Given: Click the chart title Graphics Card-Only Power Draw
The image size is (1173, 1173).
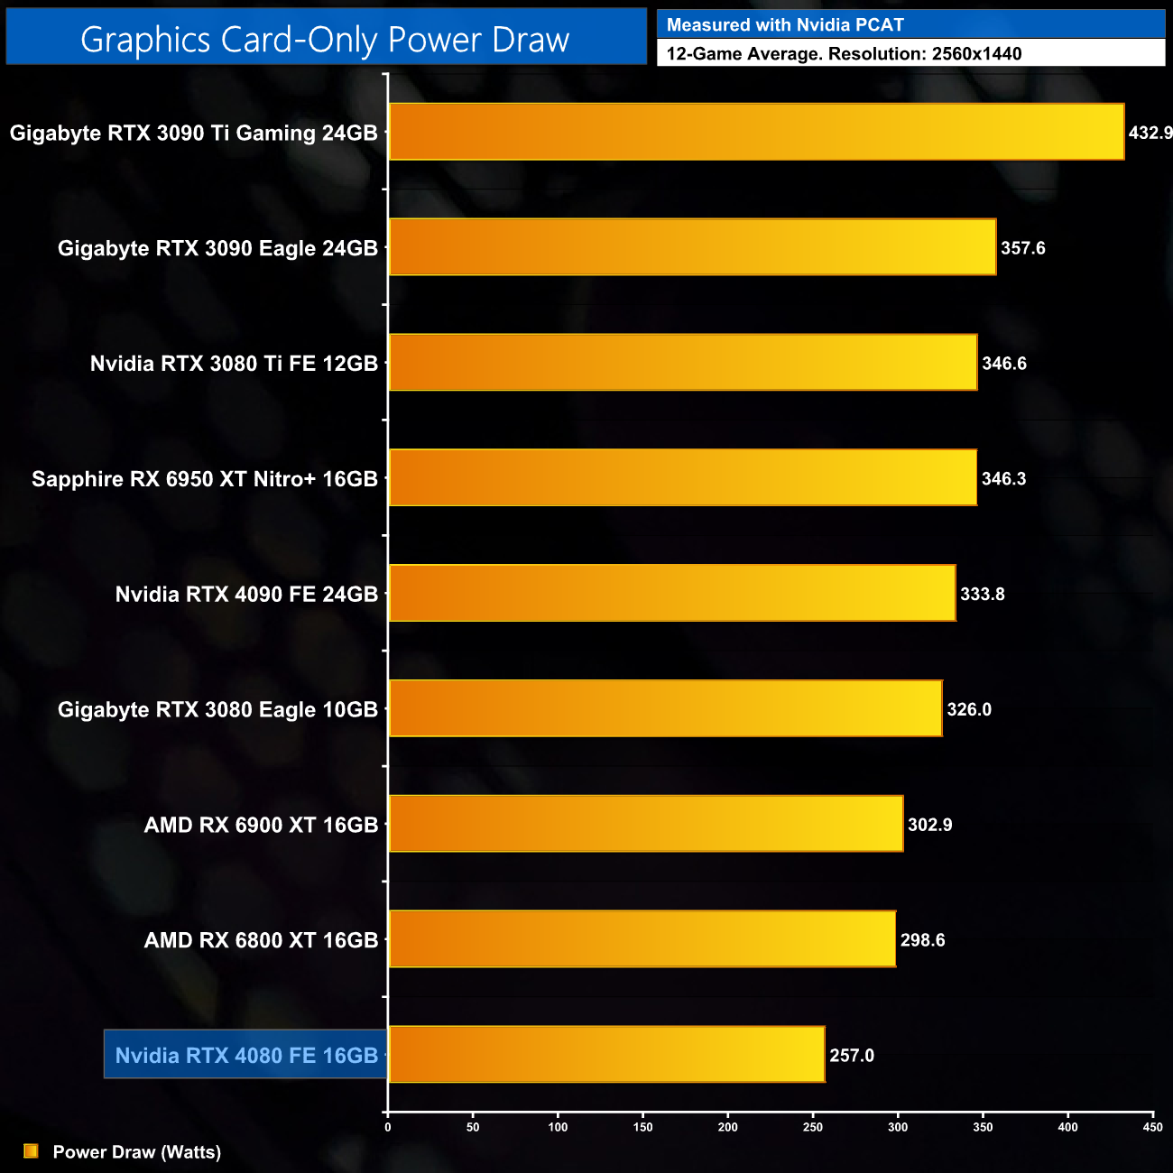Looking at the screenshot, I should coord(325,40).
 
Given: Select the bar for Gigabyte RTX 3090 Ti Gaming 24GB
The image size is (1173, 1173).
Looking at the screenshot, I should coord(756,132).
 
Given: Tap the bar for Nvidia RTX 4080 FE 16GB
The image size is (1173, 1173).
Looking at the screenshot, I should coord(606,1054).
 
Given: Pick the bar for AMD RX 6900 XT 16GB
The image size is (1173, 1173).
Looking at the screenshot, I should coord(645,824).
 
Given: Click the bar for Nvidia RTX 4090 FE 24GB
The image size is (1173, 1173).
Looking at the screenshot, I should coord(671,593).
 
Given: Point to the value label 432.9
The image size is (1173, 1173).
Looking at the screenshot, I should coord(1150,133).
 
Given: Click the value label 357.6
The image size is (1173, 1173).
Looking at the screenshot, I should coord(1022,248).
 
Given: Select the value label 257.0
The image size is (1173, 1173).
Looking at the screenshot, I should coord(852,1056).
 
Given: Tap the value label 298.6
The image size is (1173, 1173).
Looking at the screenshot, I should coord(922,940).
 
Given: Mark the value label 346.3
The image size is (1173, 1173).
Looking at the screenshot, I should coord(1003,478).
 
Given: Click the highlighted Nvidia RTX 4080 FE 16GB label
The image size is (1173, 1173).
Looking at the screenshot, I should coord(246,1055).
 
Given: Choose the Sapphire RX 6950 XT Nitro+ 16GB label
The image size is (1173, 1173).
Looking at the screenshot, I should coord(205,478).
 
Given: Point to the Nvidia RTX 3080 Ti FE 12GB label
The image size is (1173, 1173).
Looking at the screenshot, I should coord(234,364).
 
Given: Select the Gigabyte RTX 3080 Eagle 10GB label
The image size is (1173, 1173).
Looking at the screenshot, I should coord(217,709).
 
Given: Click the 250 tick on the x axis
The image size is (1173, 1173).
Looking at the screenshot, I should coord(813,1127).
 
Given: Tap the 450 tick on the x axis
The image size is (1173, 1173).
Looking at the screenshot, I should coord(1152,1127).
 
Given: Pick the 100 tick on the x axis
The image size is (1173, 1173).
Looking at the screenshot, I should coord(558,1127).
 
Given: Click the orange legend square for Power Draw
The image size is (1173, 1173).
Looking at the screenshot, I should coord(31,1151).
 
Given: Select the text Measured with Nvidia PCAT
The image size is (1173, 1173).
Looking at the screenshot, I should coord(785,25).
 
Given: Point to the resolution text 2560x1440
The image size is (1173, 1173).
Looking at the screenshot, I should coord(976,53).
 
